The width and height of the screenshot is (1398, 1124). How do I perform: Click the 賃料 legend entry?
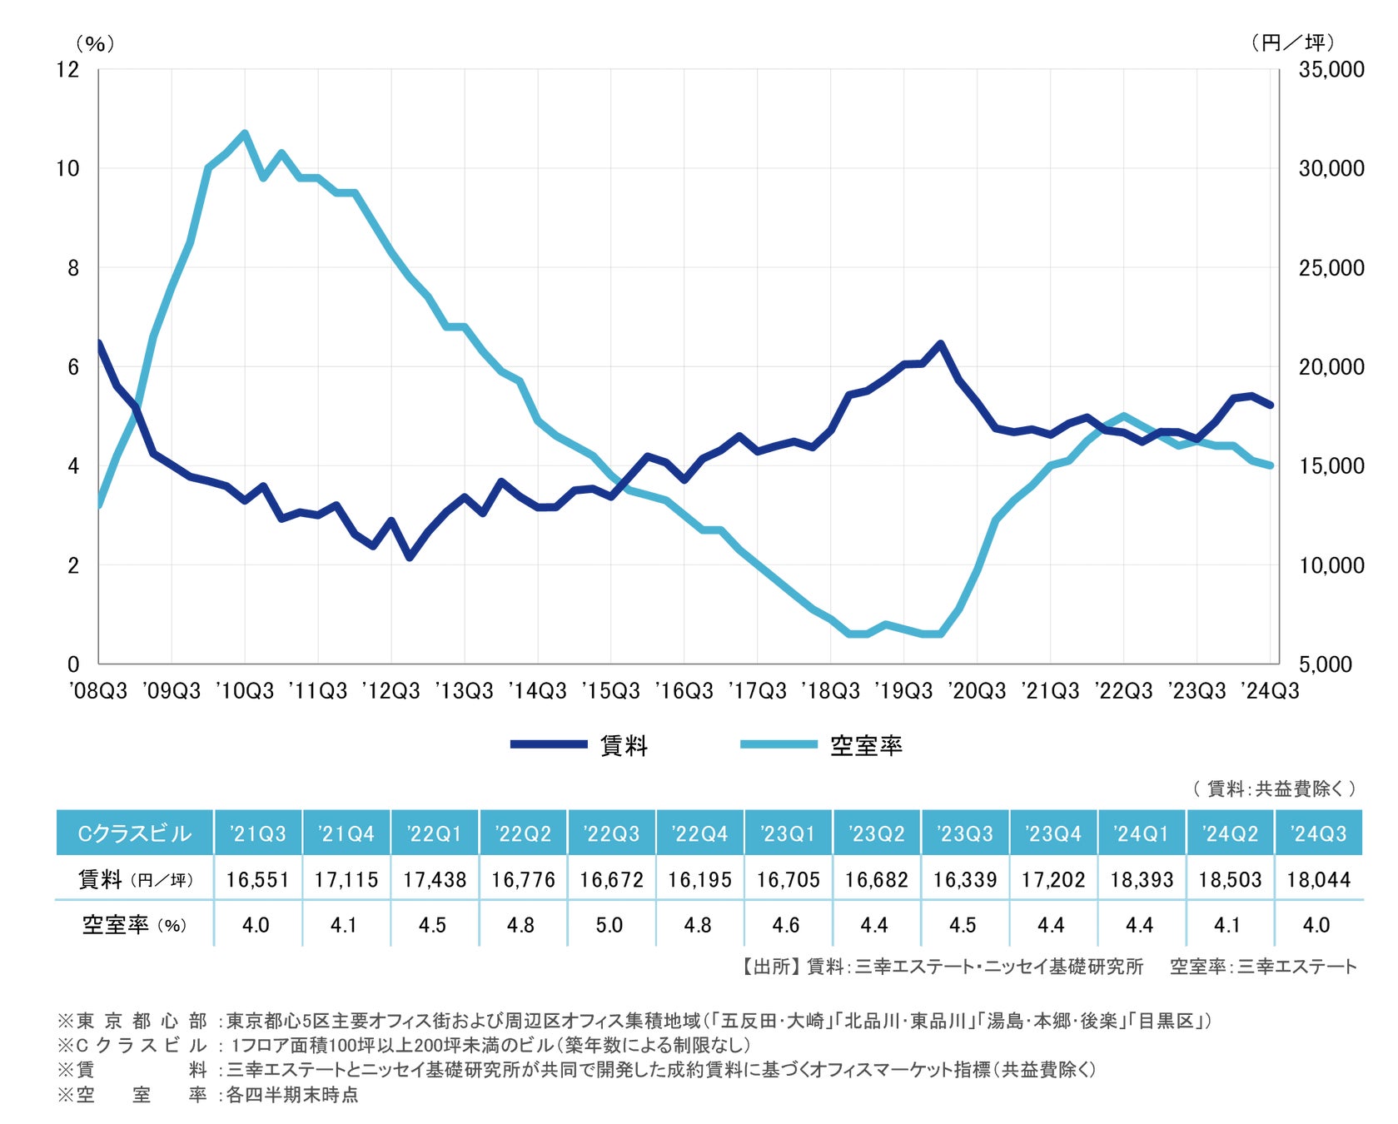point(623,745)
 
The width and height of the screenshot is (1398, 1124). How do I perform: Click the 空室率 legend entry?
point(865,745)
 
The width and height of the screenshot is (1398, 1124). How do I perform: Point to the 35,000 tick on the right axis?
point(1331,69)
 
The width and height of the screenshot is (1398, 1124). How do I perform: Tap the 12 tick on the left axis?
point(67,69)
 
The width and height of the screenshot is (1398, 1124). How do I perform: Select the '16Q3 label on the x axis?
point(684,691)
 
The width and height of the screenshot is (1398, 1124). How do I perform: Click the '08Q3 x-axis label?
point(98,691)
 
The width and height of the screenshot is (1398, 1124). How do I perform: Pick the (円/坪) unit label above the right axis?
point(1293,42)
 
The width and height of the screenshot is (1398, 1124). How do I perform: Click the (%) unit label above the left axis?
point(95,43)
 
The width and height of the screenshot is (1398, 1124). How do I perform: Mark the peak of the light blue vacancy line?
point(245,132)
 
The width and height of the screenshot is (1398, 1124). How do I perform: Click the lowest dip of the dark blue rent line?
point(410,557)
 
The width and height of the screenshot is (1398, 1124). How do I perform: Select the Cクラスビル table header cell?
point(135,833)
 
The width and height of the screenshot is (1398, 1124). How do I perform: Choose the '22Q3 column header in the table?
point(611,833)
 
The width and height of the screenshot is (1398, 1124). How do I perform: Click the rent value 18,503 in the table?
point(1230,879)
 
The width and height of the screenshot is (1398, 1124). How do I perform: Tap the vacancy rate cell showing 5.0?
point(609,925)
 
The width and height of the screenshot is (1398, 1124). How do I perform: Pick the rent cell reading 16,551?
point(257,879)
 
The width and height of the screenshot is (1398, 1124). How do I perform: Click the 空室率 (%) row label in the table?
point(135,925)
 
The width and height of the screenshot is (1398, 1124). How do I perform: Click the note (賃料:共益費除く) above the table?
point(1274,788)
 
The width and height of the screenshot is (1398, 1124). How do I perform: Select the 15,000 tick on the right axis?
point(1331,465)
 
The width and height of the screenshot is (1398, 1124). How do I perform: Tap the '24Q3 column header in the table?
point(1318,833)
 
